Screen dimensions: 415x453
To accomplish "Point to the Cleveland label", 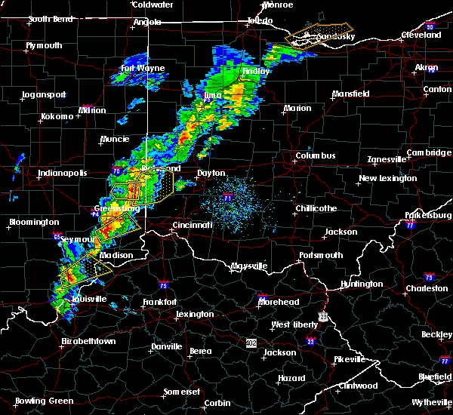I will (x=421, y=35).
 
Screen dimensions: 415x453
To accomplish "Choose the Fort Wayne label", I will (x=143, y=69).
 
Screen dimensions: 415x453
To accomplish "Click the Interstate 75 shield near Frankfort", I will (x=163, y=285).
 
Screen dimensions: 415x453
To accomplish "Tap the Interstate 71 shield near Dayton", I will (x=227, y=198).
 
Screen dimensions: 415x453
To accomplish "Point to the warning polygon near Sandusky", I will (x=309, y=36).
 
